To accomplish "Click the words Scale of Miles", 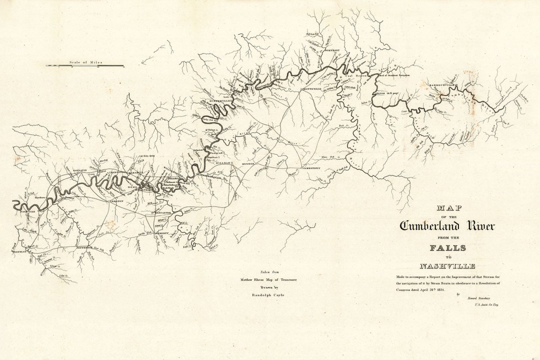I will pos(85,62).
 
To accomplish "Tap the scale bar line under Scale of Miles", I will pos(85,66).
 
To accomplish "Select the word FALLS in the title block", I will pos(447,248).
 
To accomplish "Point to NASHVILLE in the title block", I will pos(447,266).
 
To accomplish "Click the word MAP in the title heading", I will pos(449,207).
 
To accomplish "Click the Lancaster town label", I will pos(162,212).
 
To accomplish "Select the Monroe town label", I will pos(248,164).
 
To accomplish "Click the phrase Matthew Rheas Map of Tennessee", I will pos(268,279).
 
